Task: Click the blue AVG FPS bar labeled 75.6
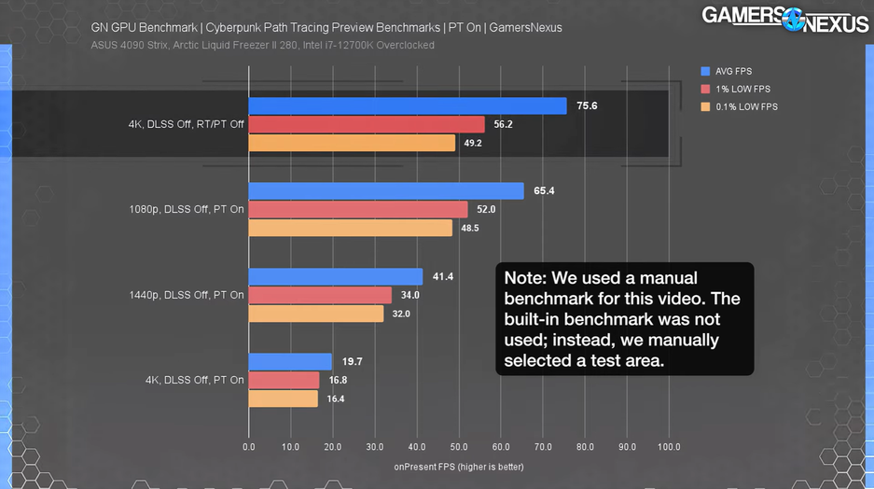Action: [408, 106]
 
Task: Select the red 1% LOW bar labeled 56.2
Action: [367, 124]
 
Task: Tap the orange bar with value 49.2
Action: [352, 143]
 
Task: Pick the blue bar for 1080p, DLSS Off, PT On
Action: [386, 191]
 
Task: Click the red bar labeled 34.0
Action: [320, 296]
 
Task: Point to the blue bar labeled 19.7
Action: [290, 362]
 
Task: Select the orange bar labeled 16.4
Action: [283, 398]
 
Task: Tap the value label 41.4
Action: [442, 277]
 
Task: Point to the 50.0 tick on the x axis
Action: [459, 447]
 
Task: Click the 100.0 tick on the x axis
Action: [669, 447]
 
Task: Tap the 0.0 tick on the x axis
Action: [248, 447]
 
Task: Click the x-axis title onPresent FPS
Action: [458, 466]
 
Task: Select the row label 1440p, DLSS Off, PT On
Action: [187, 295]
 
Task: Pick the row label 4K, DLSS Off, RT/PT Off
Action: [187, 124]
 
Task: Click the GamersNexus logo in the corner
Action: [784, 18]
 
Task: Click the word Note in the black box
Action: [526, 278]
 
